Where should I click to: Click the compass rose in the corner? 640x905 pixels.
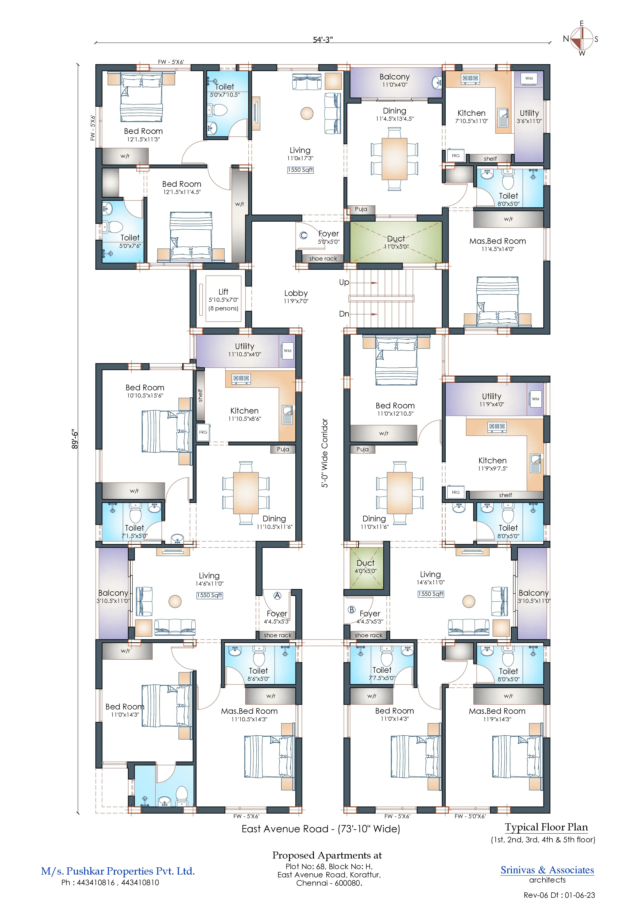pos(582,39)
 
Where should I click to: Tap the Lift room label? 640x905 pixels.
pos(223,292)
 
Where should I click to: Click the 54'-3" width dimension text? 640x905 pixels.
pos(322,39)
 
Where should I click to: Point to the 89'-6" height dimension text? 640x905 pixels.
pos(75,439)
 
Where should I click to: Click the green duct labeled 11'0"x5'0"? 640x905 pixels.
pos(396,242)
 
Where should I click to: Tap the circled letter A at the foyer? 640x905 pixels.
pos(278,596)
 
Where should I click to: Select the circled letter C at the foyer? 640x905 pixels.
pos(303,235)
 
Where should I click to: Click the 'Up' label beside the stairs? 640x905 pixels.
pos(344,282)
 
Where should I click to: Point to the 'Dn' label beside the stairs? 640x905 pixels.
pos(344,314)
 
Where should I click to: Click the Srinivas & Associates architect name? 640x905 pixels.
pos(547,870)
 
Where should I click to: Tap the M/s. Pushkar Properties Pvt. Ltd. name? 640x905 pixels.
pos(118,871)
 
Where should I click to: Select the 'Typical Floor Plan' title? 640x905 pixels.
pos(546,827)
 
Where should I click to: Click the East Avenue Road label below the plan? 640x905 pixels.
pos(321,829)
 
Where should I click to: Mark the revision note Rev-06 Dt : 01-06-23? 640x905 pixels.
pos(559,895)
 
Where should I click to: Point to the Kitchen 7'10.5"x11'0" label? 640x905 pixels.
pos(471,117)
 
